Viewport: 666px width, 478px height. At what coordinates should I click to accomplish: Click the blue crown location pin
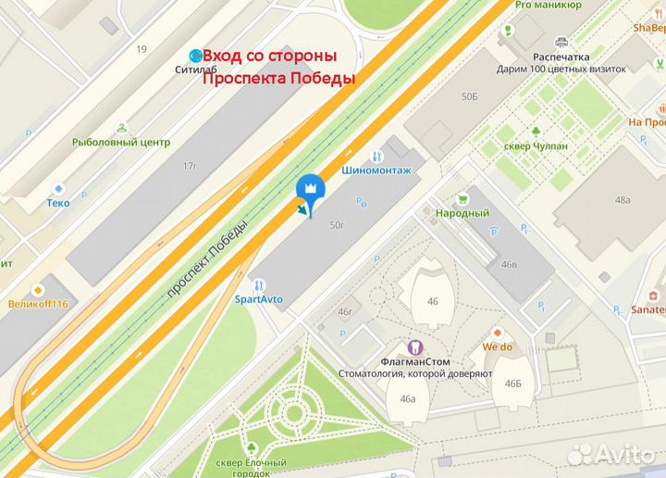309,190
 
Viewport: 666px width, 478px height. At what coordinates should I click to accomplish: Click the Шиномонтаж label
375,170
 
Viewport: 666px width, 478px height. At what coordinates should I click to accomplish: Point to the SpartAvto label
258,299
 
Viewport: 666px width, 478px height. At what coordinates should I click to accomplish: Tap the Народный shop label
462,213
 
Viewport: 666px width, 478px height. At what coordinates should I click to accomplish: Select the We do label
497,347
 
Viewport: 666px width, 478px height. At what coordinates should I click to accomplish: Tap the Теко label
59,202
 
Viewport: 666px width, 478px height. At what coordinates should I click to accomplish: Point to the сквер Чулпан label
536,145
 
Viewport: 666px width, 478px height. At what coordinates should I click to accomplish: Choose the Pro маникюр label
549,5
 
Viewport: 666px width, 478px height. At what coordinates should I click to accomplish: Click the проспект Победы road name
207,258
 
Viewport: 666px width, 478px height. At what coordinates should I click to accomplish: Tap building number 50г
337,224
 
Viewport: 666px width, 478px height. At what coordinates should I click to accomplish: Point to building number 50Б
470,96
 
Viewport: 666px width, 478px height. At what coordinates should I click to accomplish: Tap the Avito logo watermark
612,452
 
